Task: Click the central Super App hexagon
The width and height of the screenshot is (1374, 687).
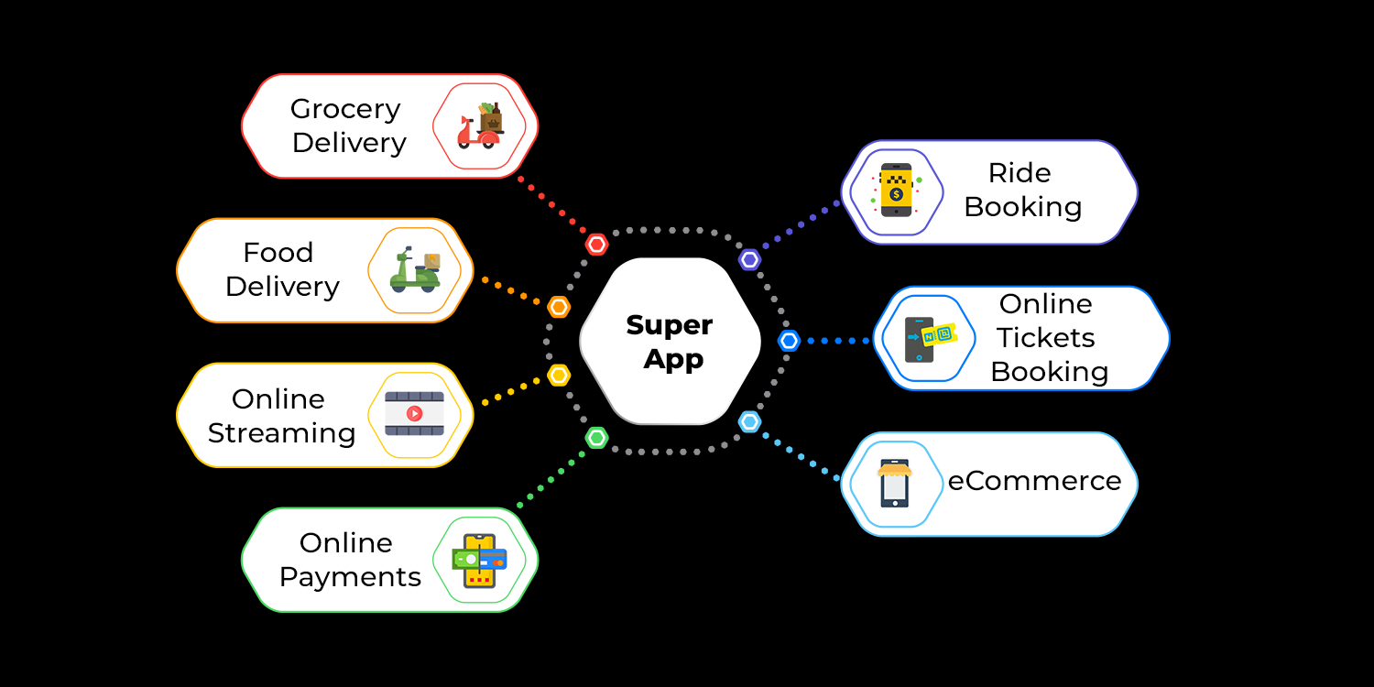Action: click(671, 342)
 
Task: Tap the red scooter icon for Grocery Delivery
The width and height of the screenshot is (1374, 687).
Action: click(480, 126)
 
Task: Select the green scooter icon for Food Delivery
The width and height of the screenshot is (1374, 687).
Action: click(415, 270)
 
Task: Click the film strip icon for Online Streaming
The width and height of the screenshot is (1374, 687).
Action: click(414, 414)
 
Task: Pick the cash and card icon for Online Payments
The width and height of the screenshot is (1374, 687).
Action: click(479, 560)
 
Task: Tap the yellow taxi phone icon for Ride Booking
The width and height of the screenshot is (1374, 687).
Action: click(896, 191)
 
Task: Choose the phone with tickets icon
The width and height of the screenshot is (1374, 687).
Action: click(927, 339)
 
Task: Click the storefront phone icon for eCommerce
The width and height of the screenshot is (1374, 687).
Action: click(895, 484)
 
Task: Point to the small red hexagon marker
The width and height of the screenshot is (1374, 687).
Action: click(597, 245)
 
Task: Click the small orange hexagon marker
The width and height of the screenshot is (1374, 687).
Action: click(559, 307)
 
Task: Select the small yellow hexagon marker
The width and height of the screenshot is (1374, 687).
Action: click(559, 375)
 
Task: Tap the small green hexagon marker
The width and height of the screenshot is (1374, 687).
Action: click(597, 438)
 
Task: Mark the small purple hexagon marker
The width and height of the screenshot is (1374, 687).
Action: click(750, 259)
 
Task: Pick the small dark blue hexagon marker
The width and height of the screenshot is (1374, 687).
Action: click(789, 341)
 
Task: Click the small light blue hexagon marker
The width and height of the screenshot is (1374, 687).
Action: click(750, 421)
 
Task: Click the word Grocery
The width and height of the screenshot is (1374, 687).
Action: click(345, 109)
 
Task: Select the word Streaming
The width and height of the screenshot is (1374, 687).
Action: click(281, 433)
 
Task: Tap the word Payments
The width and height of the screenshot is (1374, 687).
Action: click(350, 577)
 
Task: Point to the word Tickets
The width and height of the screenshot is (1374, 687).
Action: click(1046, 338)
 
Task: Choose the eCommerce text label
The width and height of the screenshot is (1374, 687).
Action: click(1034, 481)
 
